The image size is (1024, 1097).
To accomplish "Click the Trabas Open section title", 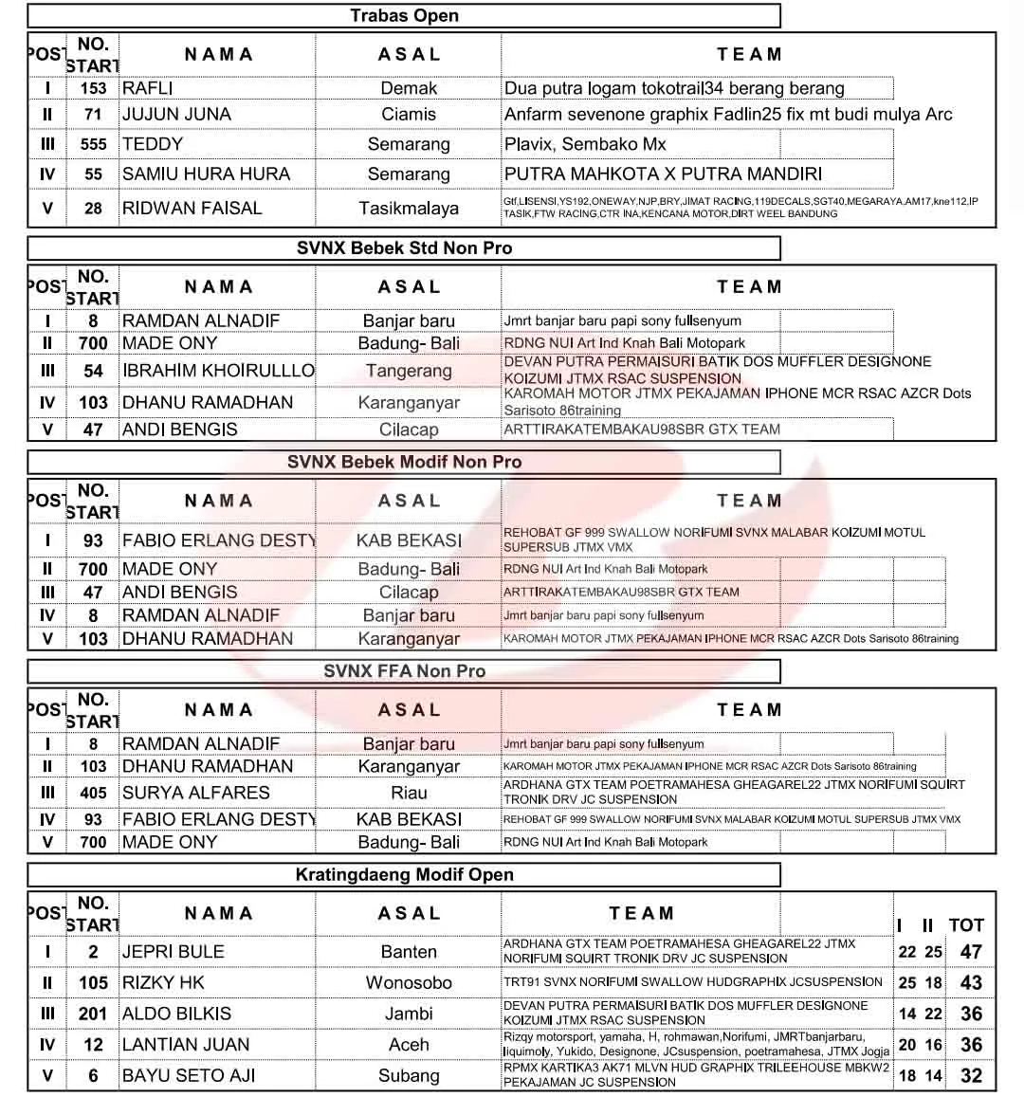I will [404, 15].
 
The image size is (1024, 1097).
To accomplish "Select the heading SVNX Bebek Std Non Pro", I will [404, 248].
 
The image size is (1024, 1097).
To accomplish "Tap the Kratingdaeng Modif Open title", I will [404, 875].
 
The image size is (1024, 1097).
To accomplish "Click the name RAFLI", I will [148, 88].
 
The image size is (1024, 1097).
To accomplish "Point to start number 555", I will [93, 144].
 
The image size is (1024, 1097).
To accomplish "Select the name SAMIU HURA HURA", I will [206, 174].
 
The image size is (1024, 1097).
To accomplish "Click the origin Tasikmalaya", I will [409, 209].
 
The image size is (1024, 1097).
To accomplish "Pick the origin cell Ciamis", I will [409, 115].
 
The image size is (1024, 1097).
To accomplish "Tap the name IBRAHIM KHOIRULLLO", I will [218, 371].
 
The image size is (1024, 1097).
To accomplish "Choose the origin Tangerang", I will [409, 371].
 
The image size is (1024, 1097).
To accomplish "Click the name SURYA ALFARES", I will [196, 793].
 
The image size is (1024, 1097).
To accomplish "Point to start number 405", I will [93, 793].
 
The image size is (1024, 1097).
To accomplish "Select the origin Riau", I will [409, 793].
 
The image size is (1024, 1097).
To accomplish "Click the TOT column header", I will [966, 925].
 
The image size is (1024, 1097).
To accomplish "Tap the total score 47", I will [971, 952].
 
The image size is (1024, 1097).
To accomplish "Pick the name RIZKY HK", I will [163, 983].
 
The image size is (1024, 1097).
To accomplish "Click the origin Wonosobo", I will [409, 983].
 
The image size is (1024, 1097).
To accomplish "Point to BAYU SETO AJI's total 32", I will [971, 1076].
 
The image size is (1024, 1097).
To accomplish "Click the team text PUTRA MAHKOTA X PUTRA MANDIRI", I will [663, 174].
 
